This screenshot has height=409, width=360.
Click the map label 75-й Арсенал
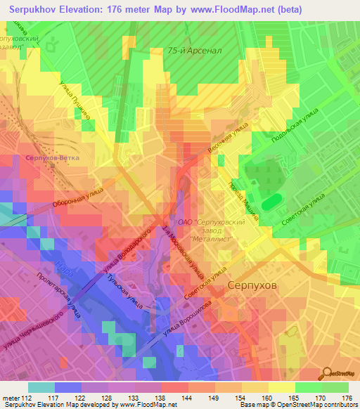click(195, 51)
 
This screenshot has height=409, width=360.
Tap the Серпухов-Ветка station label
click(52, 158)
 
